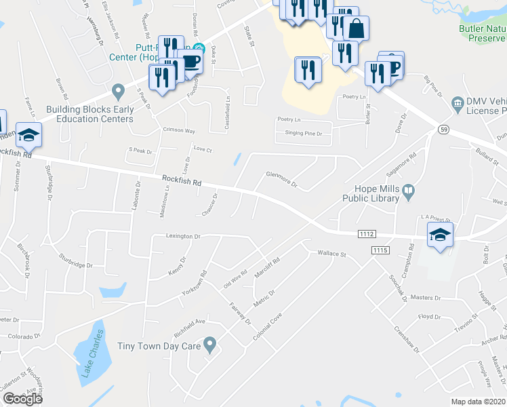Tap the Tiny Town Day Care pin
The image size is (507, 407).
(211, 346)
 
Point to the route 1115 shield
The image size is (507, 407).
(380, 251)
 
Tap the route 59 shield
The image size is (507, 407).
(444, 128)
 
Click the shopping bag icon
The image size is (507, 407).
(355, 29)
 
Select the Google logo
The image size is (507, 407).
(22, 399)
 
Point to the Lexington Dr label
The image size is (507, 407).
(184, 237)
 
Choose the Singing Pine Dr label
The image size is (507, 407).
(303, 134)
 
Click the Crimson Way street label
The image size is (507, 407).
(178, 130)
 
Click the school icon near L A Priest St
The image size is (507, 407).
(439, 235)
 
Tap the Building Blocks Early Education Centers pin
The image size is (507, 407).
(118, 90)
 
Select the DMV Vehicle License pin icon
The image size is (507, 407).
(458, 102)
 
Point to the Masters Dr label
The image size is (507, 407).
(426, 298)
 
